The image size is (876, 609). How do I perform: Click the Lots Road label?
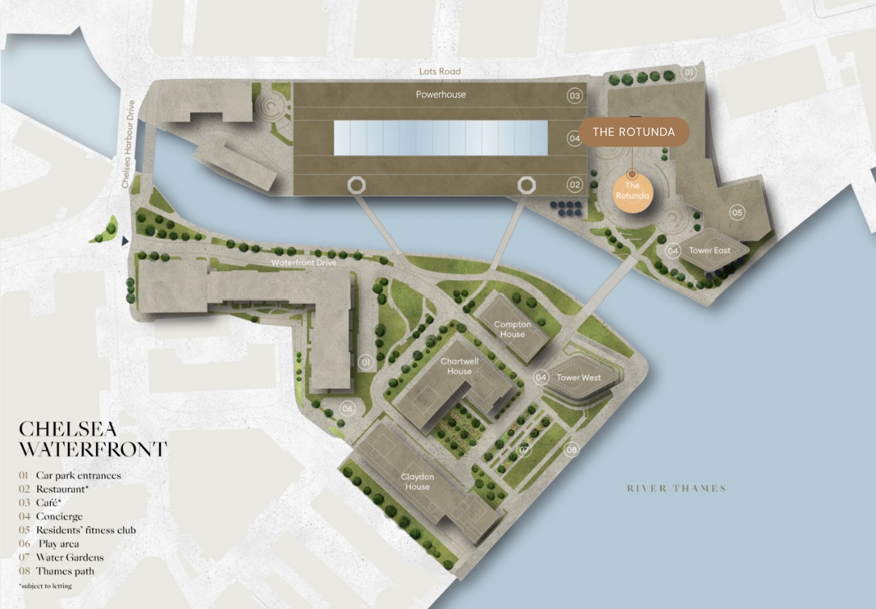pos(440,71)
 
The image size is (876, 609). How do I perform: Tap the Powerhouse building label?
pos(441,95)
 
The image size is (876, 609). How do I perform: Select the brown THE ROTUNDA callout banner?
pos(634,132)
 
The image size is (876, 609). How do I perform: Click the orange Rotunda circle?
pos(632,191)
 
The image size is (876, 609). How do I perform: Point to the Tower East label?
pos(709,250)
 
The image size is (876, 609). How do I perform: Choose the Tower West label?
pos(578,378)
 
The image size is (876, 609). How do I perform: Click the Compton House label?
pos(513,330)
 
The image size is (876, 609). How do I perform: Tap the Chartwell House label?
pos(459,366)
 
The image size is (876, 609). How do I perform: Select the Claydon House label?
pos(417,482)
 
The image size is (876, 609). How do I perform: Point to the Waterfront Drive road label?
pos(303,263)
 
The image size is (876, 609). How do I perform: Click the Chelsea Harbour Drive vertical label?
pos(128,144)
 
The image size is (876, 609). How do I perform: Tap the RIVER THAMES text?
pos(676,489)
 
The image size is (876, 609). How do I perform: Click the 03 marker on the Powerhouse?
pos(574,96)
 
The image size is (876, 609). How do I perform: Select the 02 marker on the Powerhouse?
pos(574,185)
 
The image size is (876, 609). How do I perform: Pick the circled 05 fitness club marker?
pos(737,212)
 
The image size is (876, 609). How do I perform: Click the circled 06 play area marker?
pos(348,408)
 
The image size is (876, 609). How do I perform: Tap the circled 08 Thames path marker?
pos(571,449)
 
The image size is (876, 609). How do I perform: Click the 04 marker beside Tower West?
pos(541,377)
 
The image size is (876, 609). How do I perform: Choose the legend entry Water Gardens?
pos(70,557)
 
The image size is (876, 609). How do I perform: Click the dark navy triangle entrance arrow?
pos(126,241)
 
